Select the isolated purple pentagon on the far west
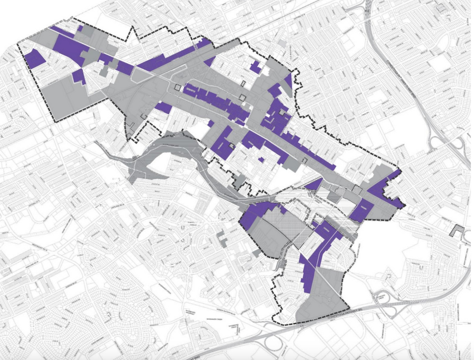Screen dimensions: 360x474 coord(34,59)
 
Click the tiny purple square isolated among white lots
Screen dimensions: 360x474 coord(261,159)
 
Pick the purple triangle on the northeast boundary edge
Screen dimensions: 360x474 coord(288,80)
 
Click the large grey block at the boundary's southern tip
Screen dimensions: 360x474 coord(322,300)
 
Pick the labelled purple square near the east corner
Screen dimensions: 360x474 coord(361,209)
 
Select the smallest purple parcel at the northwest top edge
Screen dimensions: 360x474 coord(80,29)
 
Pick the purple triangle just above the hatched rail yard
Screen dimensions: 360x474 coord(314,185)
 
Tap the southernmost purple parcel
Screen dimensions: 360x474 coord(307,276)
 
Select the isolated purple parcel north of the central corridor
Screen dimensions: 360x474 coord(255,67)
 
